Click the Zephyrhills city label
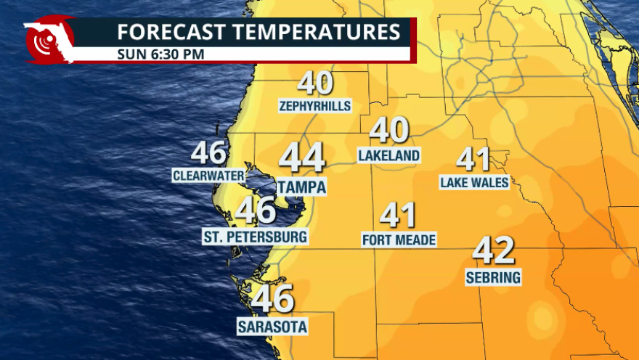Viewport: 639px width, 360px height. pos(315,107)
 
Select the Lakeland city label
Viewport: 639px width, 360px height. pos(389,155)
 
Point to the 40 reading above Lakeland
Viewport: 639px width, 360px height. pos(389,132)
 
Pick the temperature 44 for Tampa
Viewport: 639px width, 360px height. pos(302,158)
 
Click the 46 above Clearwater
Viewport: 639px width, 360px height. pos(209,153)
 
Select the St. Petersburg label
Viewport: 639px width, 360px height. pos(256,237)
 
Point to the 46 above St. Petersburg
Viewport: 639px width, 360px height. pos(256,211)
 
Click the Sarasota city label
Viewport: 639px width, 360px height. pos(272,327)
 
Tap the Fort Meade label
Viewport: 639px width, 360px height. pos(399,240)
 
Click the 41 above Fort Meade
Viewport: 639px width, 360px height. pos(398,216)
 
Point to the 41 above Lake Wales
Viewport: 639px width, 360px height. pos(473,159)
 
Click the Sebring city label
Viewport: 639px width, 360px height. pos(494,277)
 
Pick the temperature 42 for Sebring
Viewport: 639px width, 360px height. pos(494,251)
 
